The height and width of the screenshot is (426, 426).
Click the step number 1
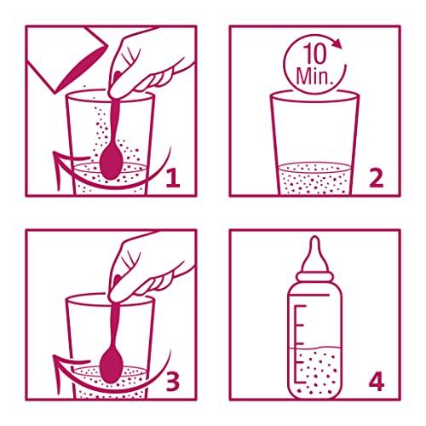click(x=173, y=178)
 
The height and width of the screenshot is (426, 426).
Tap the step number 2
click(x=377, y=178)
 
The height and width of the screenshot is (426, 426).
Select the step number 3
click(x=173, y=383)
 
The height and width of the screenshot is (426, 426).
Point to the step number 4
click(x=377, y=383)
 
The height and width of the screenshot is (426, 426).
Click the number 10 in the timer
click(x=315, y=54)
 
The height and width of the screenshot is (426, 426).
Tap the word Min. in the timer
click(x=314, y=76)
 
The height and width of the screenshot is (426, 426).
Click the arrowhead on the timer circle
click(x=337, y=43)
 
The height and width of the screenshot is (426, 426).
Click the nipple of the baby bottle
click(x=314, y=253)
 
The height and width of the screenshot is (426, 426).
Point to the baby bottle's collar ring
click(x=314, y=277)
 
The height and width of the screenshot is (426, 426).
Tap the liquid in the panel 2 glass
click(x=314, y=180)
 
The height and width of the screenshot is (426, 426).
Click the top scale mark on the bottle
click(x=301, y=307)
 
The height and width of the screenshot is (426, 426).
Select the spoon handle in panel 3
click(x=115, y=326)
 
